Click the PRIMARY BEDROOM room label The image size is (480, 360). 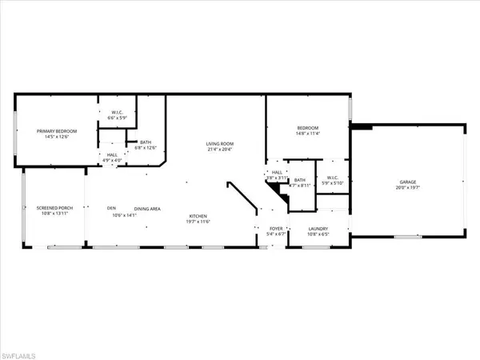click(54, 130)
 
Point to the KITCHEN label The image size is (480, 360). click(199, 217)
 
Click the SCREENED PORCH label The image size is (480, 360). click(54, 209)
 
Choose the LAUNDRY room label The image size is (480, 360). click(318, 228)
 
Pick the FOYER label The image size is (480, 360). click(275, 228)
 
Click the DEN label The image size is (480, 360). click(112, 209)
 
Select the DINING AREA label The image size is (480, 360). click(147, 209)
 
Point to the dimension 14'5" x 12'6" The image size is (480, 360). click(54, 137)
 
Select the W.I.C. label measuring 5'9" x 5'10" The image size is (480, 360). click(330, 178)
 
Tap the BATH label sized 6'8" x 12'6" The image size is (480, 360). click(146, 143)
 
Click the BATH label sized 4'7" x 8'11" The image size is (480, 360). click(299, 180)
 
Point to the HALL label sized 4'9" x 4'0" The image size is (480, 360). click(111, 154)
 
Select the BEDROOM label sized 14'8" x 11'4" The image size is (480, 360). click(308, 129)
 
